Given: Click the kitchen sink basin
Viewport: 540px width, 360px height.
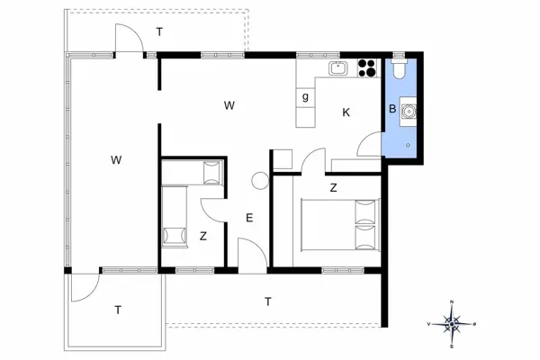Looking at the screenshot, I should coord(339,67).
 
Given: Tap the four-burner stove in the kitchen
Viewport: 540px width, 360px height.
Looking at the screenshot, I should coord(366,67).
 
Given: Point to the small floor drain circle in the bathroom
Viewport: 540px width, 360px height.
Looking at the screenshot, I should coord(408,144).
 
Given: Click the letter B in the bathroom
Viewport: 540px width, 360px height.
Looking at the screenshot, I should coord(391,110).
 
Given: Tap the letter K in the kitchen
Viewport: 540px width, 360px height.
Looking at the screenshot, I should coord(346,112).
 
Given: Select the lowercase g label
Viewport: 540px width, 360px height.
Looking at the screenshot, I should coord(306,96).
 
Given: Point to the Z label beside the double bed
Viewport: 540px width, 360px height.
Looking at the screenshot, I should coord(333,187).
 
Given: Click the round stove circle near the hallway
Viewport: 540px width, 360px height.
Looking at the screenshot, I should coord(260,180).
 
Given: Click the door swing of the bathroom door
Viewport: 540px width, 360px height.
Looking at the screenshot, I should coord(369,144).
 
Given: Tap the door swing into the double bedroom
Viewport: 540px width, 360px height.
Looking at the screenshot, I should coord(312,162).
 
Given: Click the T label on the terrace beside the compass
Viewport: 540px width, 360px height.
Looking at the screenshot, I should coord(267,301).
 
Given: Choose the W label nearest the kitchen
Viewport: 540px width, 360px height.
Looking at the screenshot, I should coord(229,106).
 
